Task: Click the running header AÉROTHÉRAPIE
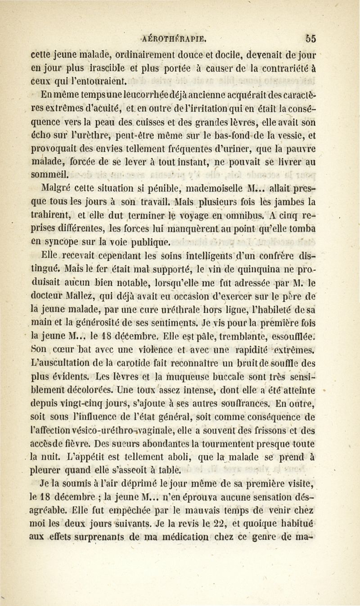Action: [x=180, y=38]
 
